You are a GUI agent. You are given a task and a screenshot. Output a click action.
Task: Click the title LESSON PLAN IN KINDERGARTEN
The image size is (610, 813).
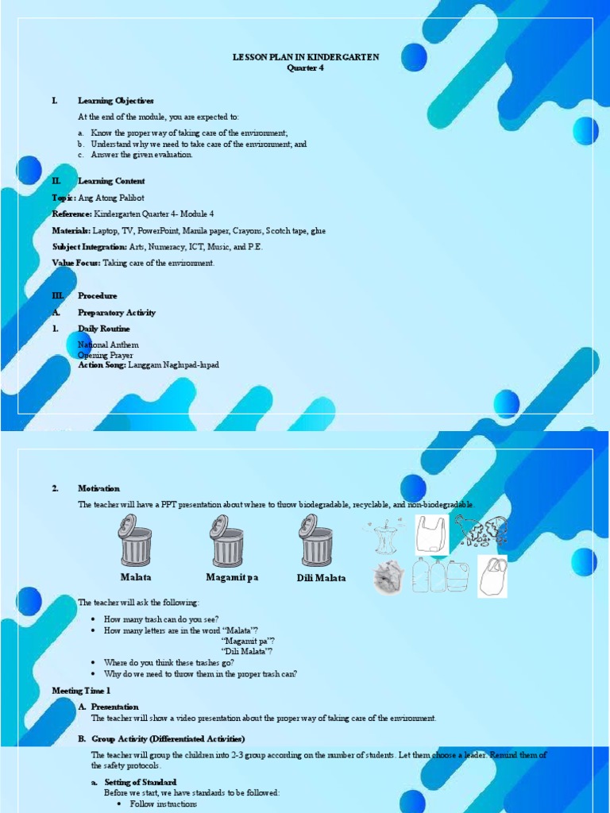click(x=306, y=57)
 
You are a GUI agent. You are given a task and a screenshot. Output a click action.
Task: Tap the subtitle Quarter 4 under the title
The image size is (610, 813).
click(x=306, y=68)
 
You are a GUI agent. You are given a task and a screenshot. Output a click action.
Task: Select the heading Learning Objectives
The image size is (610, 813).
click(x=115, y=101)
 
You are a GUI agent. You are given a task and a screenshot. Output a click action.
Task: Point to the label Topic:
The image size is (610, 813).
click(x=64, y=198)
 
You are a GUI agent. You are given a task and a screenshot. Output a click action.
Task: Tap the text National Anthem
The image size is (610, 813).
click(x=108, y=345)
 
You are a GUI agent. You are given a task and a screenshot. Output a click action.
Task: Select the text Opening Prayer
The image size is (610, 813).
click(x=106, y=355)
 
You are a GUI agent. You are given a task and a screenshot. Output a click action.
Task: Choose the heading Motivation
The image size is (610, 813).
click(x=98, y=488)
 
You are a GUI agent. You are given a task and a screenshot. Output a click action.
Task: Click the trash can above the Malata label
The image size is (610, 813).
click(x=136, y=541)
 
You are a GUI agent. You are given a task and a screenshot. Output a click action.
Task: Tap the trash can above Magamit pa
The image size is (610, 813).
click(x=226, y=541)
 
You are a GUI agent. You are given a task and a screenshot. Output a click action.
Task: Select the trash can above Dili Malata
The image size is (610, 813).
click(x=316, y=541)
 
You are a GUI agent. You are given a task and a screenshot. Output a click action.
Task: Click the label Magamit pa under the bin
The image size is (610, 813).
click(x=232, y=577)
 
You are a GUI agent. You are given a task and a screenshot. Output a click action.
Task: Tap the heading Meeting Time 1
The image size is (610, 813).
click(x=82, y=691)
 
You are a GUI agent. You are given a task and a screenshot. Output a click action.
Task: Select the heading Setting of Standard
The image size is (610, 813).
click(x=141, y=782)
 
